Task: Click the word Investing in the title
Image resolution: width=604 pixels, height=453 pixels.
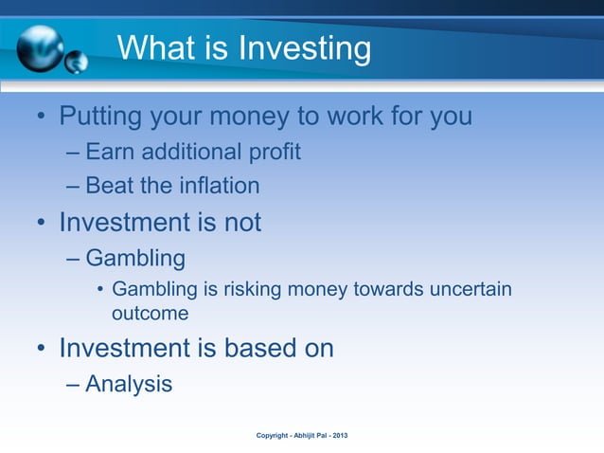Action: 303,47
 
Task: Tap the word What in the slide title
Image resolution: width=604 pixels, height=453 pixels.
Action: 156,47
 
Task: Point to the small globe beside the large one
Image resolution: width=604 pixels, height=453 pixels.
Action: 76,63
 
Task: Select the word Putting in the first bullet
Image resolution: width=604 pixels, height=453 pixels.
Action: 105,118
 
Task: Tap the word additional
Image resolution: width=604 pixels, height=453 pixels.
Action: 188,153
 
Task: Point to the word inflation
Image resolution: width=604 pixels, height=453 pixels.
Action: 219,186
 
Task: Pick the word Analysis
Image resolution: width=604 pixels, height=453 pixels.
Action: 129,384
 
